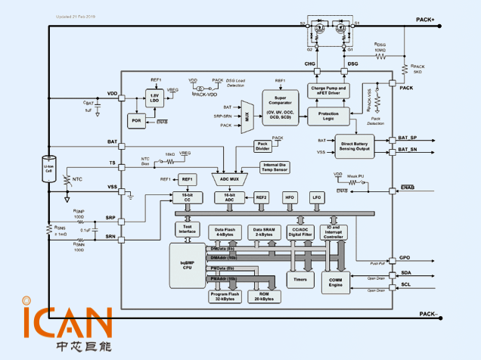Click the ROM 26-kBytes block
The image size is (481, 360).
(x=265, y=296)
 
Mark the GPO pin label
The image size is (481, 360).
(x=405, y=258)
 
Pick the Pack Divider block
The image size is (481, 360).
(x=263, y=146)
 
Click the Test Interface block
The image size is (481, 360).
(x=186, y=229)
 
